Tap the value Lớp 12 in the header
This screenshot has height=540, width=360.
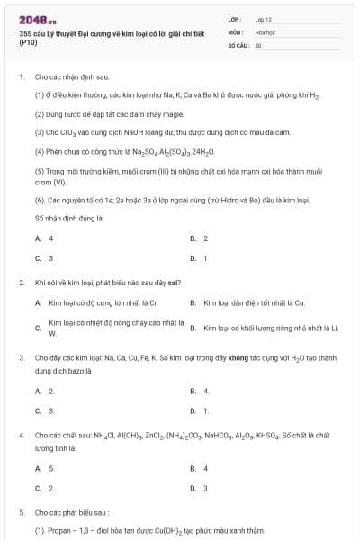tap(264, 19)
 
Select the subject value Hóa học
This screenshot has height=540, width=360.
tap(265, 31)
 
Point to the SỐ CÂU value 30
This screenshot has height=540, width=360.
tap(258, 44)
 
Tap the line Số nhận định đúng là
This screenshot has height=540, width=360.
tap(70, 219)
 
